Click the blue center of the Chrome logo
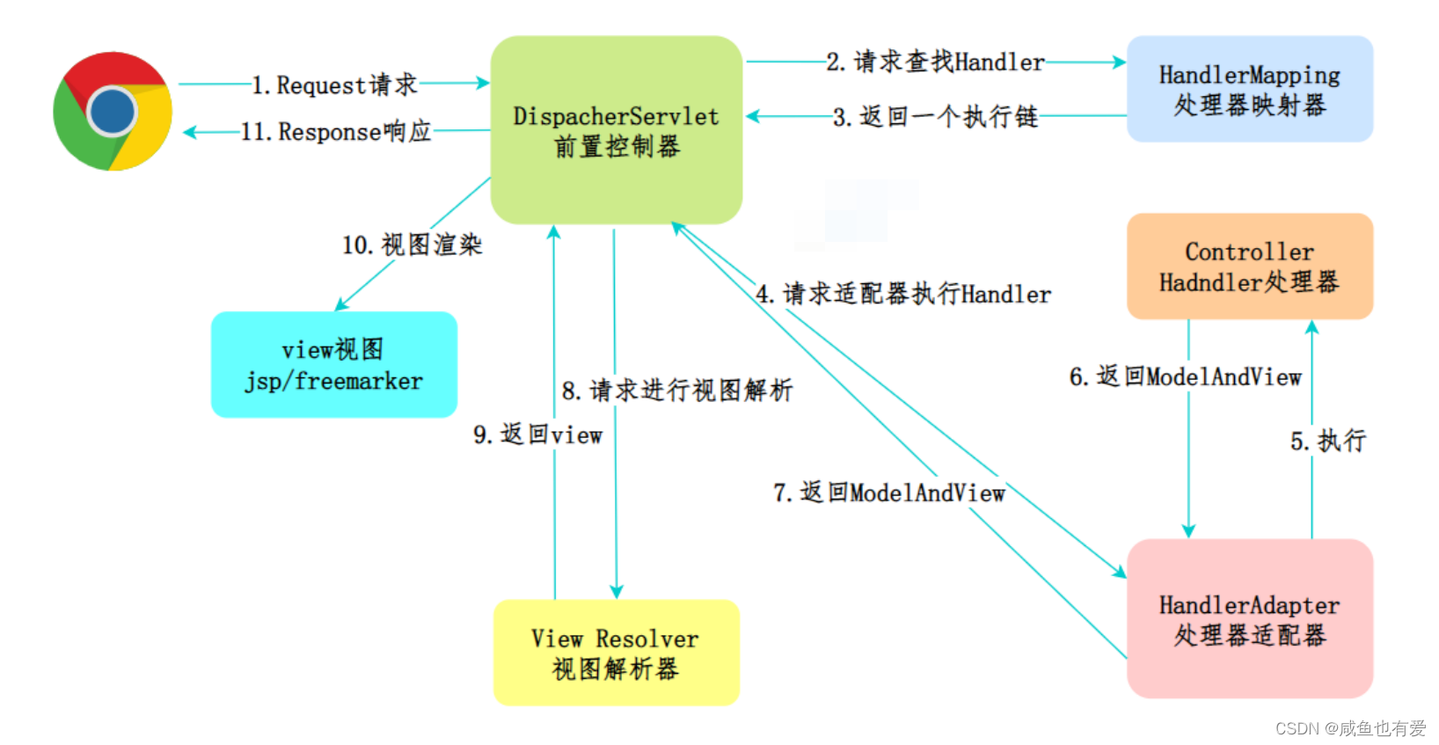(113, 112)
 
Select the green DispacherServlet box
(616, 130)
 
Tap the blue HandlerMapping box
(1249, 89)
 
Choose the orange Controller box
(1249, 266)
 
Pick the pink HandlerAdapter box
(1249, 618)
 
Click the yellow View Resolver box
(616, 653)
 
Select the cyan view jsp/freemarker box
(333, 364)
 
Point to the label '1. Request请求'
(334, 84)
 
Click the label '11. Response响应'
(336, 132)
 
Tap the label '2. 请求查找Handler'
(935, 62)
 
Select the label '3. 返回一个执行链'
(935, 116)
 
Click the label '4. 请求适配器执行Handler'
(903, 294)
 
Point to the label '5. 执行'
(1328, 441)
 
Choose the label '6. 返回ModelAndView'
(1185, 377)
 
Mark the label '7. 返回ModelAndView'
(889, 493)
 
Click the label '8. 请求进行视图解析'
(677, 390)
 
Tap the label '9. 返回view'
(537, 435)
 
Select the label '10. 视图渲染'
(412, 245)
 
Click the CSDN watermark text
(1350, 728)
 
